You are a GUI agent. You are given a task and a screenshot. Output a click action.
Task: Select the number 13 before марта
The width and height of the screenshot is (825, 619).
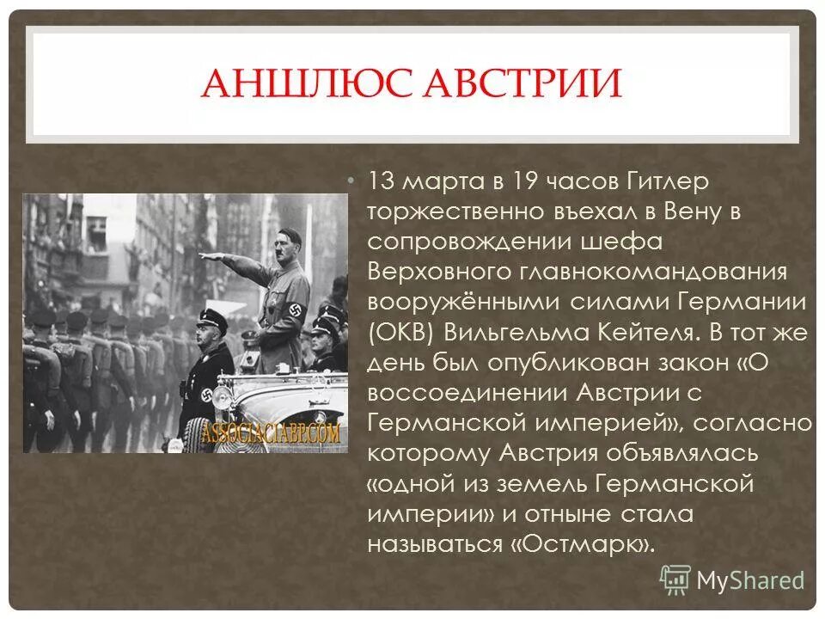click(x=381, y=182)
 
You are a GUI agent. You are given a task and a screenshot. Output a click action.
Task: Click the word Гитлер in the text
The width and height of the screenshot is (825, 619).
click(x=663, y=182)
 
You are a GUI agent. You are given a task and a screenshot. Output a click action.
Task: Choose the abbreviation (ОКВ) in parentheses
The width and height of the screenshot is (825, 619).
click(x=400, y=333)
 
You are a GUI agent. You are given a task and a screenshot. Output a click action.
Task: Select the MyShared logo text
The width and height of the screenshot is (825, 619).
click(x=749, y=580)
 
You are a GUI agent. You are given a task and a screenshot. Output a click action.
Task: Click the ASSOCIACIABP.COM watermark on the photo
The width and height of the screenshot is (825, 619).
click(x=271, y=432)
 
